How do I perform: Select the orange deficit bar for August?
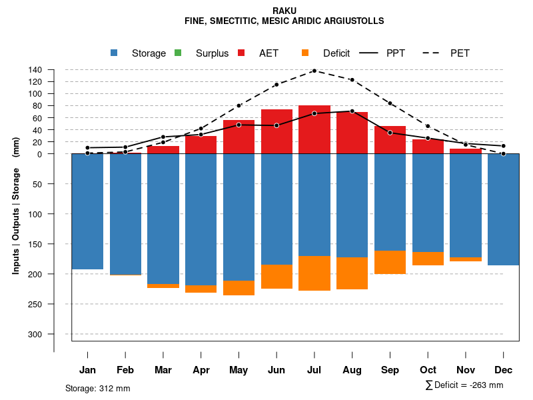tap(352, 273)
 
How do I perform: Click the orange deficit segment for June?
tap(276, 277)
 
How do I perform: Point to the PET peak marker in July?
tap(314, 71)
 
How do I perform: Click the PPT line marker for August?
tap(352, 111)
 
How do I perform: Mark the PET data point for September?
tap(390, 103)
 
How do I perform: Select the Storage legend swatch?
tap(115, 53)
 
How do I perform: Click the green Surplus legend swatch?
tap(178, 53)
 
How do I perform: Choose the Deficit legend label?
tap(336, 53)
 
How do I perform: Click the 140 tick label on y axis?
tap(36, 70)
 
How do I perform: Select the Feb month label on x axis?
tap(125, 370)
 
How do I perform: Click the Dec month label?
tap(504, 370)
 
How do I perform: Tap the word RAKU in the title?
tap(284, 11)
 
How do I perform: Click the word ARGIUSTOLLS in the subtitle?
tap(350, 21)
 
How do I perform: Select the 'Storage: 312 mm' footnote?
tap(98, 388)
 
